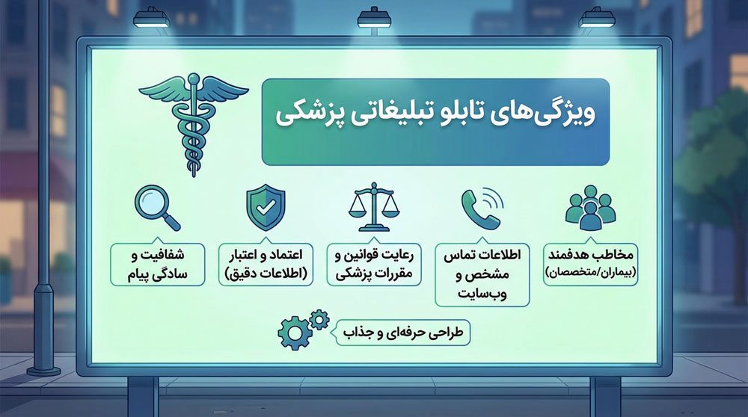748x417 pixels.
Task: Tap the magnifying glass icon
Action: (x=156, y=207)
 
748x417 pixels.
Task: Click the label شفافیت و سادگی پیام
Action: (x=158, y=264)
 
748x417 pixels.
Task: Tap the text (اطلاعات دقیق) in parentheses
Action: (x=266, y=274)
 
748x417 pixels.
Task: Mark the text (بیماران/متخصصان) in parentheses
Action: (x=591, y=274)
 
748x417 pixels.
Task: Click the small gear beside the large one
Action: (x=319, y=321)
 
